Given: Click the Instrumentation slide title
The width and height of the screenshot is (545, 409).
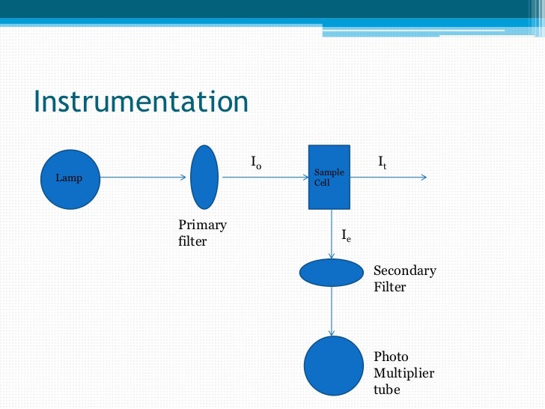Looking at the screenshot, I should click(x=141, y=102).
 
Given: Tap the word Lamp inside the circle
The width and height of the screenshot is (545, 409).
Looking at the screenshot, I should click(x=69, y=178).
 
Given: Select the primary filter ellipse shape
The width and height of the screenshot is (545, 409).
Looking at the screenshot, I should click(x=204, y=177).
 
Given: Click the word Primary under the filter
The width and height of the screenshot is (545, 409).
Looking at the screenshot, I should click(x=202, y=225).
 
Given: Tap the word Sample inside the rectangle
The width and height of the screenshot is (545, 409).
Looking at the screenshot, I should click(x=329, y=173).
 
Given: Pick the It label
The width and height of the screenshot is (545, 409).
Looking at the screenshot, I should click(x=382, y=161).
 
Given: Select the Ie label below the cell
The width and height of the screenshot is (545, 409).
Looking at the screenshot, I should click(x=346, y=236).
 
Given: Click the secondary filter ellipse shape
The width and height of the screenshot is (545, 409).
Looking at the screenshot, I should click(x=331, y=273).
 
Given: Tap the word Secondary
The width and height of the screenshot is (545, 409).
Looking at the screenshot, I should click(x=404, y=271).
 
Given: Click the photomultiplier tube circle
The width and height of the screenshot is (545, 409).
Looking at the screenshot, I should click(x=333, y=366).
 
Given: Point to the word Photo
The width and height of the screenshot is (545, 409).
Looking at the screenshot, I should click(x=391, y=357).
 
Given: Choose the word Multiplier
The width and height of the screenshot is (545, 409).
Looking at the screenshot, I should click(x=404, y=374).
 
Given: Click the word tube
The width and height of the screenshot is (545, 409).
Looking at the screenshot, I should click(x=386, y=390).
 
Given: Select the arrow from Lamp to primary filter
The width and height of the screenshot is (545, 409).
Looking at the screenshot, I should click(x=142, y=178).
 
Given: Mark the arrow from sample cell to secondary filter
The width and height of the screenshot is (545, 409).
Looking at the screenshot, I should click(x=332, y=234).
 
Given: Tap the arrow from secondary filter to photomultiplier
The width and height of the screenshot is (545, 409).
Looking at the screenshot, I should click(x=332, y=311).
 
